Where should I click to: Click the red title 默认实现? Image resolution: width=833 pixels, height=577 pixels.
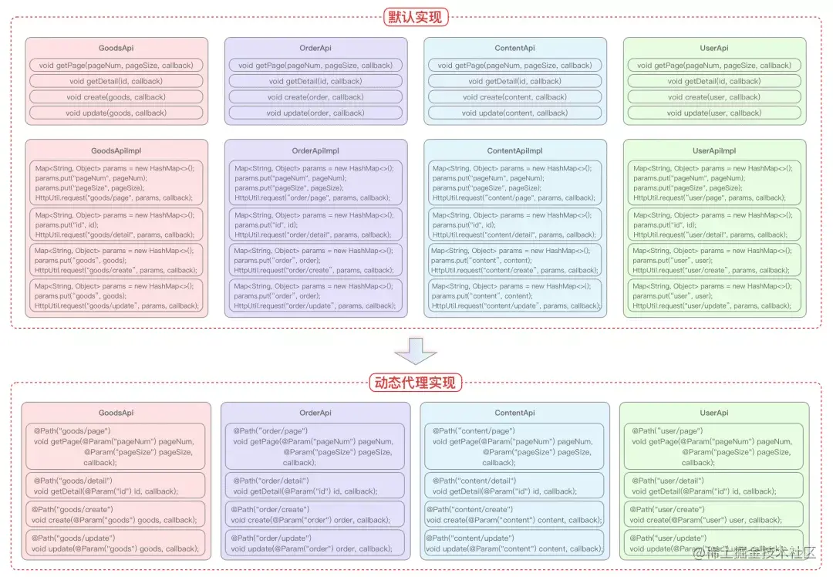[x=416, y=16]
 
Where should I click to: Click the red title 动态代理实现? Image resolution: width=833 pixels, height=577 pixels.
[x=416, y=382]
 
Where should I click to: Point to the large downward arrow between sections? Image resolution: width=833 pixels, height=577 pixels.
[x=416, y=352]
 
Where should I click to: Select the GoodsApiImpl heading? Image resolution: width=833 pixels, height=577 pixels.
[x=116, y=151]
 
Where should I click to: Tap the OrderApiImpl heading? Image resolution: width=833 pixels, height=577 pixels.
[x=315, y=151]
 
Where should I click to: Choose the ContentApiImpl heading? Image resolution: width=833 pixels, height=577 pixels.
[x=515, y=151]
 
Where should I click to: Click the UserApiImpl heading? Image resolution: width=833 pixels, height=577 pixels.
[x=714, y=151]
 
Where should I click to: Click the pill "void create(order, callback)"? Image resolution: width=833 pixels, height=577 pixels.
[x=315, y=97]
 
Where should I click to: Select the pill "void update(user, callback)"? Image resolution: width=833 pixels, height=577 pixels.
[x=714, y=113]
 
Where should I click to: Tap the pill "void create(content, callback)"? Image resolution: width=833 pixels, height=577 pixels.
[x=515, y=97]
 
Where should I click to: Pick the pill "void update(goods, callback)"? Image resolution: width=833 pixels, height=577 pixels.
[x=116, y=113]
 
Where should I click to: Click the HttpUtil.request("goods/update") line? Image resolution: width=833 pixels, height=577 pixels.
[x=116, y=305]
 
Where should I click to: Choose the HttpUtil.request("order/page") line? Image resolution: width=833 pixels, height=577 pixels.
[x=312, y=197]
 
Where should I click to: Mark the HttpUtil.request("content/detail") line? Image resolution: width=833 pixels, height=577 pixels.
[x=514, y=235]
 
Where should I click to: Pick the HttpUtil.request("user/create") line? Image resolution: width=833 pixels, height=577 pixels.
[x=711, y=270]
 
